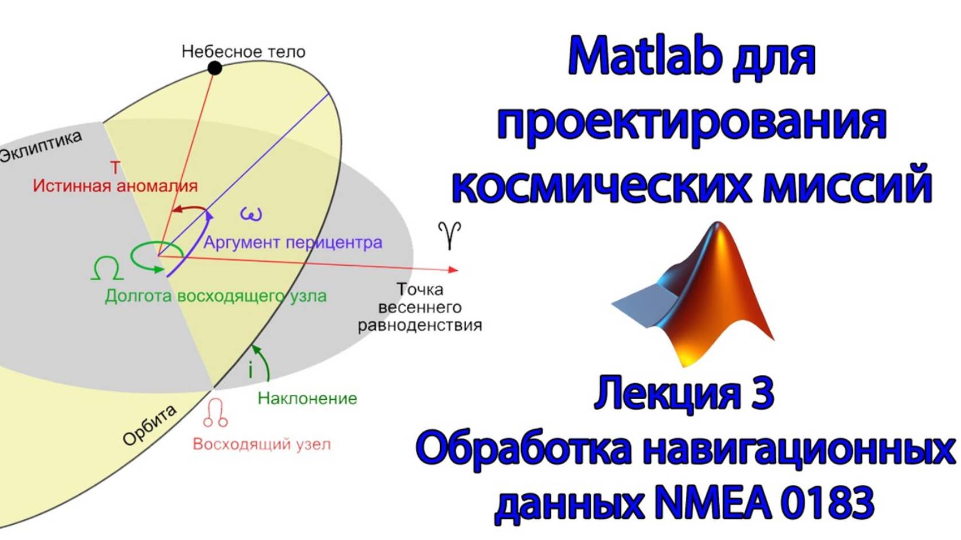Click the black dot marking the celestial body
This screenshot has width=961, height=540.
coord(215,68)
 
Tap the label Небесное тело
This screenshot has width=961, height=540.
coord(244,52)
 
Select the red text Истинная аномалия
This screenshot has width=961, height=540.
coord(115,186)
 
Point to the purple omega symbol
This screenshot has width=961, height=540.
coord(251,214)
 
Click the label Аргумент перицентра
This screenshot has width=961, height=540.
coord(293,242)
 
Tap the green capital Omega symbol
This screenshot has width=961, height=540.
coord(107,268)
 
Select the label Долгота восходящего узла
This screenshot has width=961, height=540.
coord(215,296)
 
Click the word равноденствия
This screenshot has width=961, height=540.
coord(420,325)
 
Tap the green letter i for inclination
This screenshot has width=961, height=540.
coord(250,370)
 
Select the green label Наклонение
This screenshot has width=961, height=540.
coord(307,398)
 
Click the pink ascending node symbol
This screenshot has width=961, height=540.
coord(215,413)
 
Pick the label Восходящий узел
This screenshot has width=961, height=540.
coord(261,444)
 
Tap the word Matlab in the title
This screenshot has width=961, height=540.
coord(645,56)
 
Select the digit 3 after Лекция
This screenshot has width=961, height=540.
coord(762,393)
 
